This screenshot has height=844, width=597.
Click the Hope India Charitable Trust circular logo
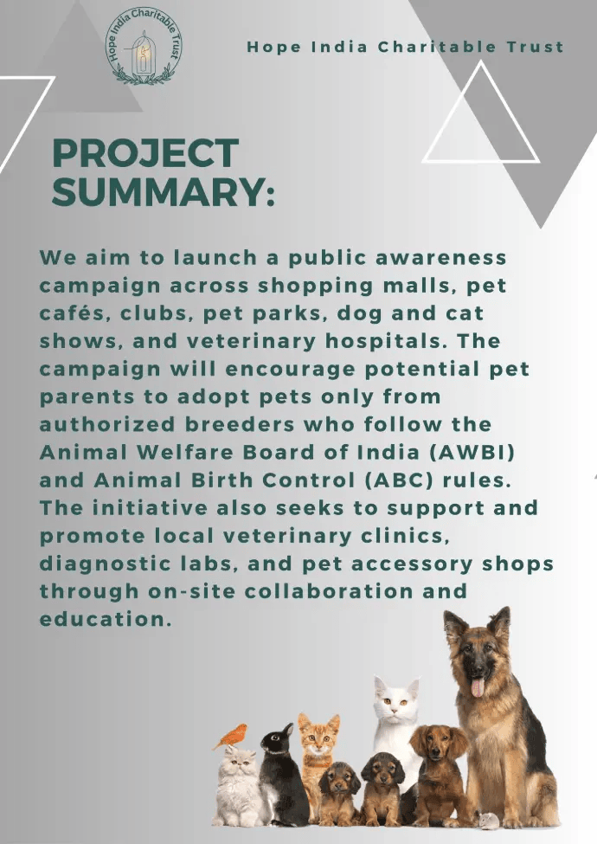tap(144, 48)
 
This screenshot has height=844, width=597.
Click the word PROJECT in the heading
tap(145, 154)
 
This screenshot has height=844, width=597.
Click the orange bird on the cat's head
tap(231, 736)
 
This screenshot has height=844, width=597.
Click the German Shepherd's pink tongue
tap(478, 687)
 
